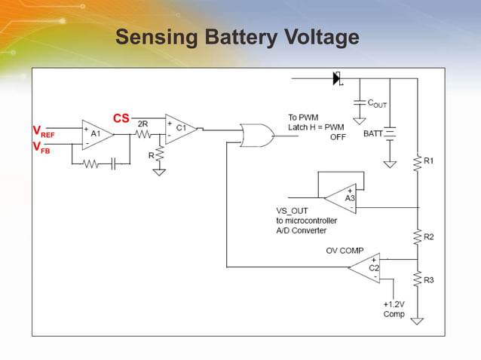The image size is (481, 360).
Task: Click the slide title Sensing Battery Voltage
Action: [237, 38]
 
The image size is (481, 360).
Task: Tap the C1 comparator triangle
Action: [180, 129]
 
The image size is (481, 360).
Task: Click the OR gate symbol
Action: [256, 134]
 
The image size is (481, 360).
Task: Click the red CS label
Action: [121, 118]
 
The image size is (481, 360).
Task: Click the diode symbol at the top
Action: [337, 77]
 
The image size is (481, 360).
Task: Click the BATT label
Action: [373, 133]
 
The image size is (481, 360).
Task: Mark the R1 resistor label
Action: [428, 161]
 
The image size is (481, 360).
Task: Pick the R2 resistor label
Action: [428, 237]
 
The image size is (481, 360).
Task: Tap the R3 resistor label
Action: [428, 280]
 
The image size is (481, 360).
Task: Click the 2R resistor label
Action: [142, 124]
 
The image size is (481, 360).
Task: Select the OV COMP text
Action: [345, 250]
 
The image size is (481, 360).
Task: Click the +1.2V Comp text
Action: [394, 309]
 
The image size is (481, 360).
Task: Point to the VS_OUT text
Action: [293, 211]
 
